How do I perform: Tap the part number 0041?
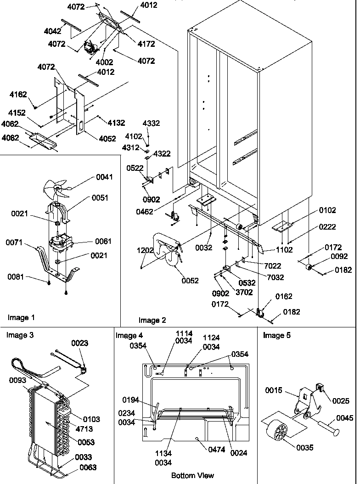coord(104,177)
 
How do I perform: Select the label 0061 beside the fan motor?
coord(103,241)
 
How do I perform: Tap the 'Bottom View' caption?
coord(192,475)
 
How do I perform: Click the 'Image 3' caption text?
coord(20,335)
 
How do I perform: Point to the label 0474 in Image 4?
coord(216,450)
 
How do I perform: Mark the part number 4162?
coord(18,95)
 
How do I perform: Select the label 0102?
coord(328,211)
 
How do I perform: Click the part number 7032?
coord(275,277)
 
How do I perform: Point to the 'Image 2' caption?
coord(152,320)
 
